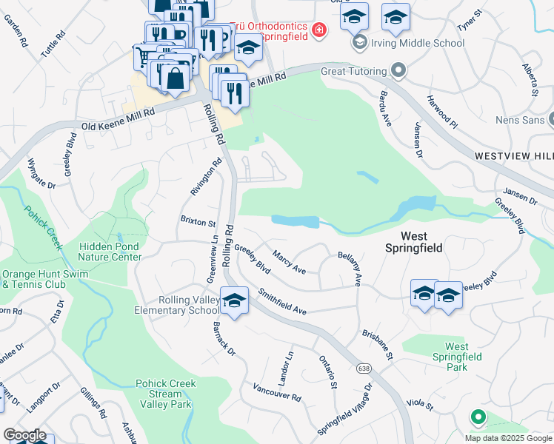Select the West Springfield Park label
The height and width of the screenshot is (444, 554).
point(467,357)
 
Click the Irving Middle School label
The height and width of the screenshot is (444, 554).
point(418,43)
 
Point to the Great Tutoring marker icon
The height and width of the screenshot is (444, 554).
point(398,72)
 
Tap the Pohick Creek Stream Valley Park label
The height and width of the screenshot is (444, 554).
point(164,394)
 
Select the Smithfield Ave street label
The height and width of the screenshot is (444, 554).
point(282,302)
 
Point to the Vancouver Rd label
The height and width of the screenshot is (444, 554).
point(276,393)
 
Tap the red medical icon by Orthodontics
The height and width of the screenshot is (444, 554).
point(318,30)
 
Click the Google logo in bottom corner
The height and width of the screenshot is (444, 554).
point(24,435)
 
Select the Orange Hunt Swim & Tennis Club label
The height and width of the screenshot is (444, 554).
point(33,277)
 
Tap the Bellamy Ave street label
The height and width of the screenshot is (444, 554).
point(348,268)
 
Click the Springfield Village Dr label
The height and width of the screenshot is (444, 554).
point(344,410)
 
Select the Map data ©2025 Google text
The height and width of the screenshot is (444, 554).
point(508,438)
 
